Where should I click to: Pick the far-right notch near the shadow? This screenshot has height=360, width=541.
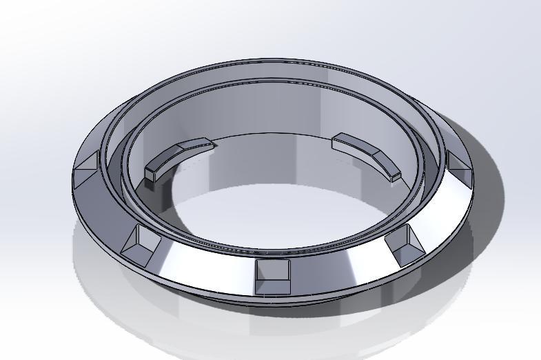[456, 165]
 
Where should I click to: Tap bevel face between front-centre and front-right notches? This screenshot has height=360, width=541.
[341, 266]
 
